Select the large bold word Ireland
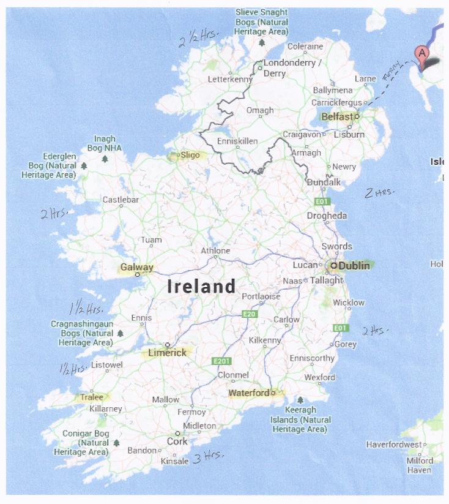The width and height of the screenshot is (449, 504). (201, 287)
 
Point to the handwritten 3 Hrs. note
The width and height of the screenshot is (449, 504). (209, 457)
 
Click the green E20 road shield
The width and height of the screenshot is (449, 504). (248, 314)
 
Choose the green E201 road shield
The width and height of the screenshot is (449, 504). (220, 361)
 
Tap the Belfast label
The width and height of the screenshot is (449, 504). (336, 116)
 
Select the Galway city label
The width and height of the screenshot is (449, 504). (136, 268)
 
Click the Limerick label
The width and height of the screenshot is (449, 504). (167, 353)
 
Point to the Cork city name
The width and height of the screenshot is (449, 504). (178, 442)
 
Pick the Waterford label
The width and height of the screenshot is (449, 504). (248, 393)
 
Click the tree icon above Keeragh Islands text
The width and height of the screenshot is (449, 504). (300, 400)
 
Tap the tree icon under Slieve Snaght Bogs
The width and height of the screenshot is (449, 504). (262, 43)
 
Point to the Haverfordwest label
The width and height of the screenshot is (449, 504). (393, 444)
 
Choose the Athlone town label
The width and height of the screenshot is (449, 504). (215, 250)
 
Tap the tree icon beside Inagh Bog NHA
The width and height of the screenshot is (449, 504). (105, 159)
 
